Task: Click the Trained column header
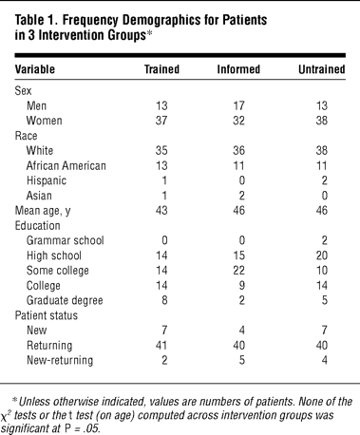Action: pos(161,69)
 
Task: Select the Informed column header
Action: pos(238,69)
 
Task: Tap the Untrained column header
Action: pos(322,69)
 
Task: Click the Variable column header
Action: pos(35,69)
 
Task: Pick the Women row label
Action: pos(44,121)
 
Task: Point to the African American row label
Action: pos(66,165)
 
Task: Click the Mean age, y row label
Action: pos(43,211)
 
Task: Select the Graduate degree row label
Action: pos(65,300)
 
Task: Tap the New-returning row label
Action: pos(60,360)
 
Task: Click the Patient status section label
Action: pos(47,315)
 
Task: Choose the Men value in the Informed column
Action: pos(238,105)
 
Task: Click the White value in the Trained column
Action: pos(161,151)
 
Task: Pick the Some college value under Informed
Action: pos(238,271)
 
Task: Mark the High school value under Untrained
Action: pos(322,255)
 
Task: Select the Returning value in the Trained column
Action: pos(161,346)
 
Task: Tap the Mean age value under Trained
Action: pos(161,211)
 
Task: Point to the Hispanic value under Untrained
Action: pos(324,180)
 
